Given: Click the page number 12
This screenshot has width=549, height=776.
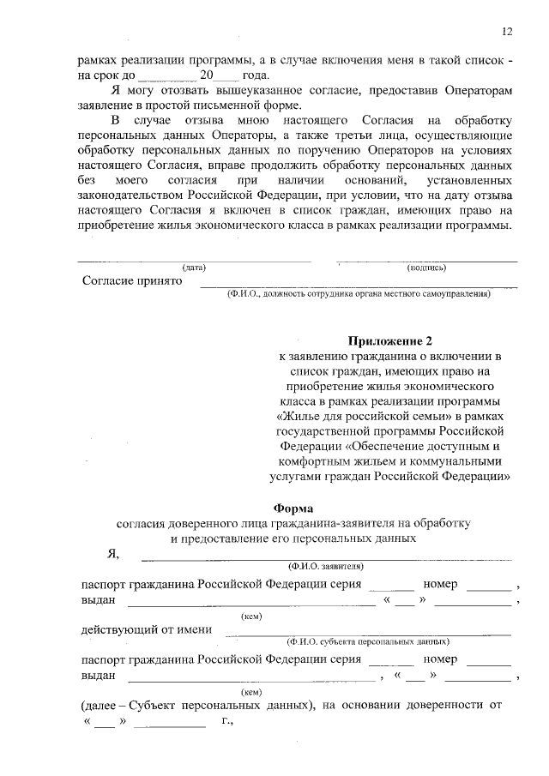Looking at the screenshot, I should [x=507, y=32].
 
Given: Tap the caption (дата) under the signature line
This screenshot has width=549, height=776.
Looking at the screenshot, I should [x=193, y=267].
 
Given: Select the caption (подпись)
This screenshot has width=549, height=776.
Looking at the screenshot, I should [x=426, y=267].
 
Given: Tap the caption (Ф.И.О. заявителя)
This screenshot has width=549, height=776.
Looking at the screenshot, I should [x=326, y=566].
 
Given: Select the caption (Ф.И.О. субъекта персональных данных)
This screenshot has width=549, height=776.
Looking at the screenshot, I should [x=368, y=641].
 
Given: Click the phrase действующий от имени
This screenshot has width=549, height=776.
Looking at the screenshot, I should [x=147, y=629].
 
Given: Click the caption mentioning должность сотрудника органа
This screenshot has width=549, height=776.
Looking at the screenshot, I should [x=358, y=294].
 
